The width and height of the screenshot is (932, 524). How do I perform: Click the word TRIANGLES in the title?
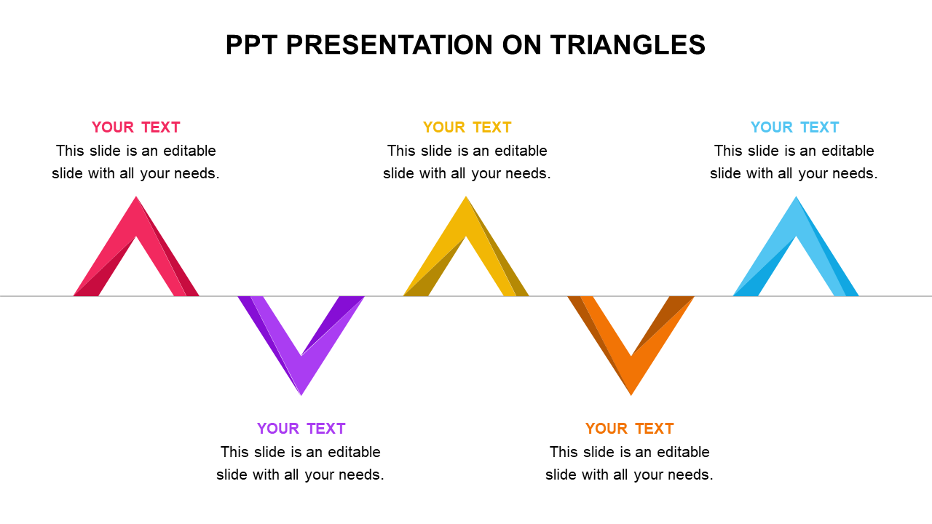628,45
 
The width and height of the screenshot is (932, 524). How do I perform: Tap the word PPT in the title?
251,45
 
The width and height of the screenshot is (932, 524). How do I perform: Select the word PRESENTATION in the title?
390,45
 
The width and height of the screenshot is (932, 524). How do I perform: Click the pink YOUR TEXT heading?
135,127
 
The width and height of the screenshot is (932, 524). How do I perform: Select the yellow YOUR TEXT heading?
467,127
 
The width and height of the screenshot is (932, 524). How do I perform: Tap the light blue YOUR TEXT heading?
794,127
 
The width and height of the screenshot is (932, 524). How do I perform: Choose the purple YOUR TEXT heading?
301,429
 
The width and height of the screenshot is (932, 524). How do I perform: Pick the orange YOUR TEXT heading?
630,429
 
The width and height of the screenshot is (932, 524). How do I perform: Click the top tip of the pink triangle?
136,196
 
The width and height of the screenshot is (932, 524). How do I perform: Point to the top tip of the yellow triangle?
466,196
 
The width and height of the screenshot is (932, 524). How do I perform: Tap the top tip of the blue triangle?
796,196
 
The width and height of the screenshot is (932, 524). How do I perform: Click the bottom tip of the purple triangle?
301,395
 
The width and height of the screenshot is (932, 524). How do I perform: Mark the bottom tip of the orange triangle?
631,395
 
